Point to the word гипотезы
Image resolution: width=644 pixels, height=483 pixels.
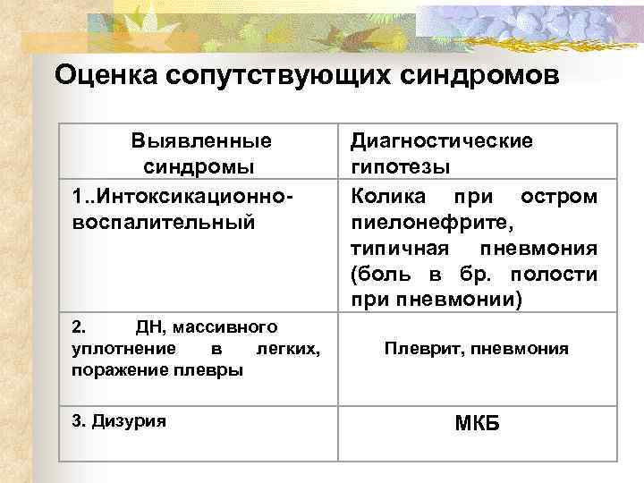point(400,167)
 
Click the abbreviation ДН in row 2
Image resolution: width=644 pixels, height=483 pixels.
point(153,329)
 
